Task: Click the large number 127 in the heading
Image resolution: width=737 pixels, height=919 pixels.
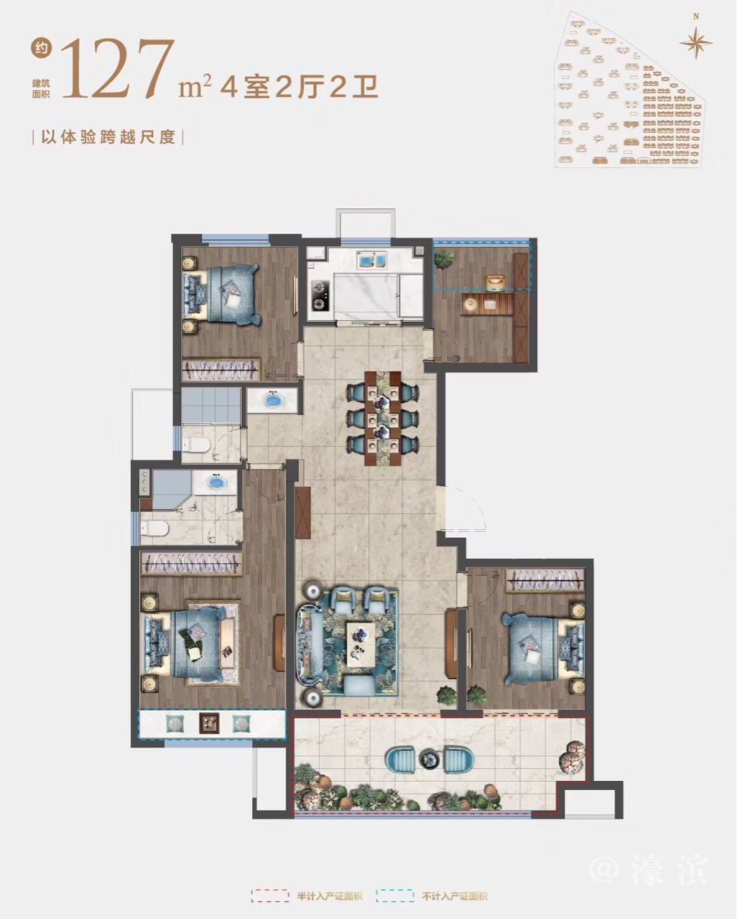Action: [119, 69]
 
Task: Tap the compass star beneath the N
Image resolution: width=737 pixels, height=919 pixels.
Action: [696, 42]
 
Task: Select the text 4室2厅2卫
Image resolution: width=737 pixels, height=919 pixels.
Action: [299, 88]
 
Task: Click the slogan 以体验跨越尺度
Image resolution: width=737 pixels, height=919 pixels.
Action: [108, 138]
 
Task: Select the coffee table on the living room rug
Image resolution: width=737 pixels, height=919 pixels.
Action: [361, 644]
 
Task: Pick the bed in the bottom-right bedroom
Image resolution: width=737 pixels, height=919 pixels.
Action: [538, 646]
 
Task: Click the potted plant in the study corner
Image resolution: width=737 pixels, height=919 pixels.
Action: [445, 258]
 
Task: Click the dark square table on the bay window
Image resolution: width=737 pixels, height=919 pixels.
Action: [209, 723]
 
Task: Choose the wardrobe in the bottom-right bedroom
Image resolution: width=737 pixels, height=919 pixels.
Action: [545, 580]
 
